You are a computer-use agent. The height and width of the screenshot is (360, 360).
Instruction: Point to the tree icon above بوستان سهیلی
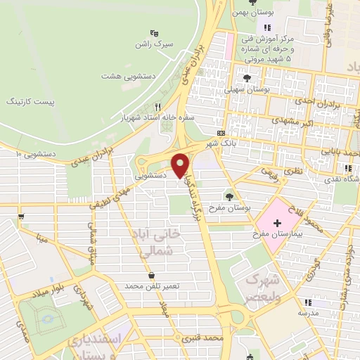point(246,78)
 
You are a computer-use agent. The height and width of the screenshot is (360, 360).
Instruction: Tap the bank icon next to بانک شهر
point(221,132)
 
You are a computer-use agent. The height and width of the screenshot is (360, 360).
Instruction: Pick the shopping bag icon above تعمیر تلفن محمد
point(153,274)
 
